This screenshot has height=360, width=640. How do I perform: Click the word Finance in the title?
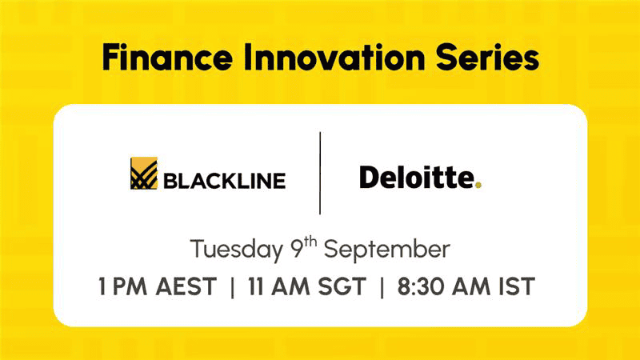167,57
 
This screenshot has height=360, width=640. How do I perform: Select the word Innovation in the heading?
334,57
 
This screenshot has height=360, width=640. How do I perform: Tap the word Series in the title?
487,57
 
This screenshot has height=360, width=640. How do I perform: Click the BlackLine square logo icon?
144,173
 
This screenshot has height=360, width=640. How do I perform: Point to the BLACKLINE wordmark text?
225,181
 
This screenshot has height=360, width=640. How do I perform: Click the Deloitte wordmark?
417,178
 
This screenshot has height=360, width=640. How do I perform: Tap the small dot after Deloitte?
478,185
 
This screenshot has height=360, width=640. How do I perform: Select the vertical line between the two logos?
320,173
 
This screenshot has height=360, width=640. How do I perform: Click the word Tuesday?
236,249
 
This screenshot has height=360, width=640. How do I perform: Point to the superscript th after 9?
310,242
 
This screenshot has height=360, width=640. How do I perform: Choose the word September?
387,249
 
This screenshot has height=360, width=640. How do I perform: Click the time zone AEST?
186,286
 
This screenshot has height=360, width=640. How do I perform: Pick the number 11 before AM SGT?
255,286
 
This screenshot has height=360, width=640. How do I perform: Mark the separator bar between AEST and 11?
232,288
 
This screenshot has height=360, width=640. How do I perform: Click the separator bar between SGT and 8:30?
382,288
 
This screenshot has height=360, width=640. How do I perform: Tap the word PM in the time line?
130,286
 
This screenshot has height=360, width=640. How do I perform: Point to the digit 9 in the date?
298,250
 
